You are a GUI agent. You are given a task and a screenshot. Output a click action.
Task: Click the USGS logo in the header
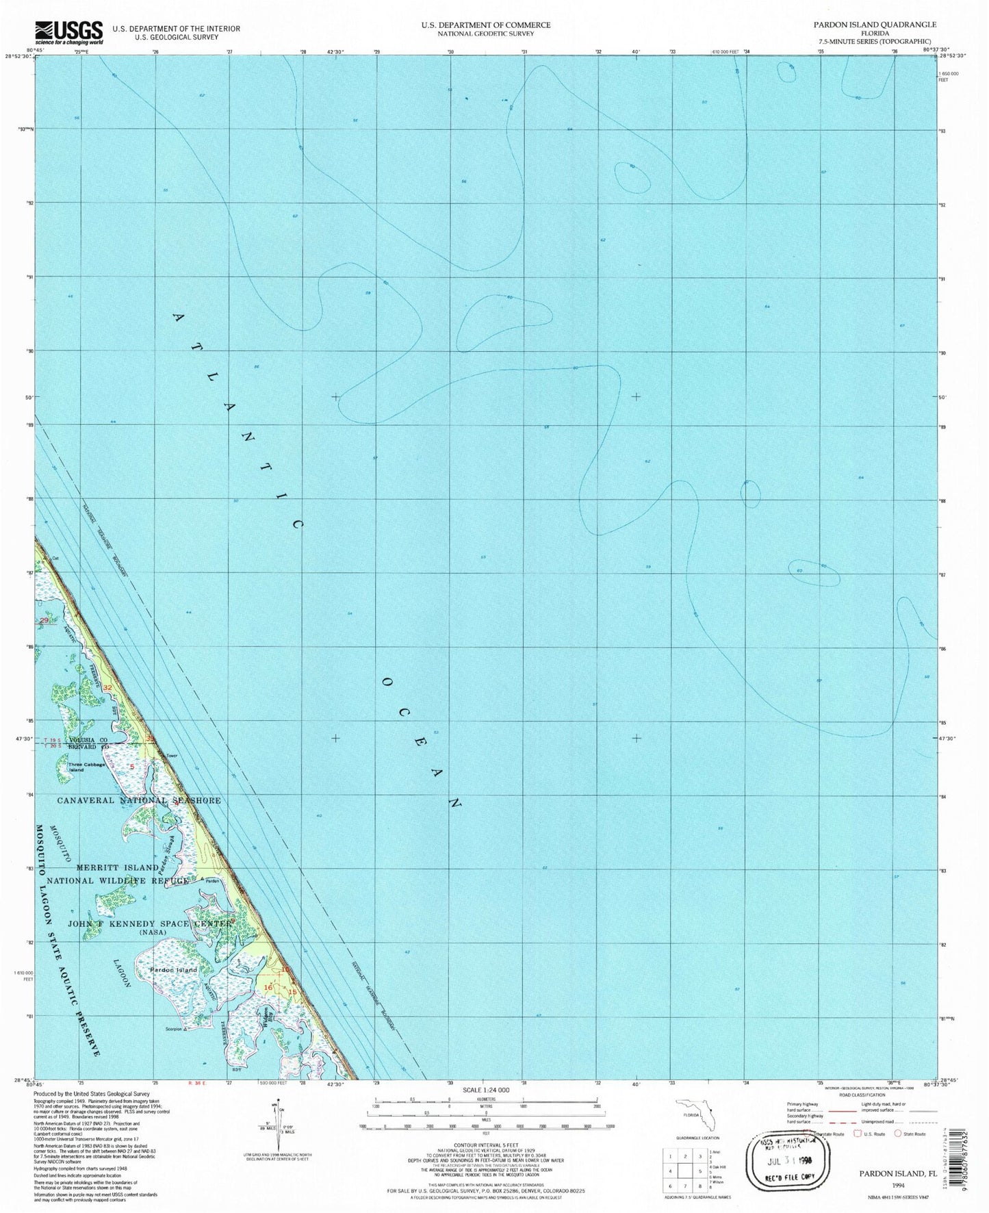tap(68, 31)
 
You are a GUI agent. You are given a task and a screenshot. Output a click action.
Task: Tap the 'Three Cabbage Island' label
tap(87, 767)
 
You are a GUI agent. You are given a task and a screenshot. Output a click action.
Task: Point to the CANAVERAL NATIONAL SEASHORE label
tap(139, 800)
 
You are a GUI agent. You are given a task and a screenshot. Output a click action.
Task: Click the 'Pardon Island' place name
tap(174, 969)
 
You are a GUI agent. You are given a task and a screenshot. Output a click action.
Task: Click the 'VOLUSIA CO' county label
tap(87, 741)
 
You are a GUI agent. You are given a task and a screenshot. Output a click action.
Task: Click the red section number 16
tap(269, 988)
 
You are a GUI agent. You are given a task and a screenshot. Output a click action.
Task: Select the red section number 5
tap(131, 766)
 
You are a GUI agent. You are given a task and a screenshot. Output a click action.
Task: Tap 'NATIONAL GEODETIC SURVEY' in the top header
tap(486, 34)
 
